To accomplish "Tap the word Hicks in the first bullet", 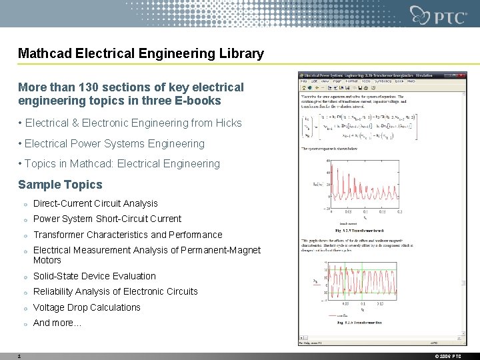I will click(228, 123).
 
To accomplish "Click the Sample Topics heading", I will click(60, 185).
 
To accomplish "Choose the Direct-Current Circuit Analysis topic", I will click(95, 203).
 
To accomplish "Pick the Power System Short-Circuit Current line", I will click(107, 219).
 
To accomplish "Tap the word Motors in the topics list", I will click(47, 260).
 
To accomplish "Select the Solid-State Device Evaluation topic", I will click(94, 276).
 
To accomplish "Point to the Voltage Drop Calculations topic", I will click(87, 307).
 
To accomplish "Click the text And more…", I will click(57, 323).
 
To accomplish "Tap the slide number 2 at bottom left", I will click(19, 356).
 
